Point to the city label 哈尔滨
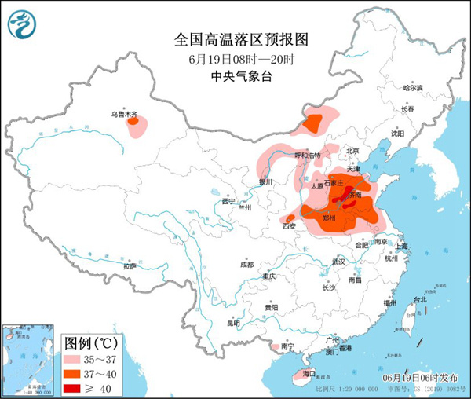pyautogui.click(x=413, y=88)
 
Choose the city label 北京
pyautogui.click(x=352, y=151)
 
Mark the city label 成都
pyautogui.click(x=246, y=264)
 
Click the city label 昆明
pyautogui.click(x=233, y=323)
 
